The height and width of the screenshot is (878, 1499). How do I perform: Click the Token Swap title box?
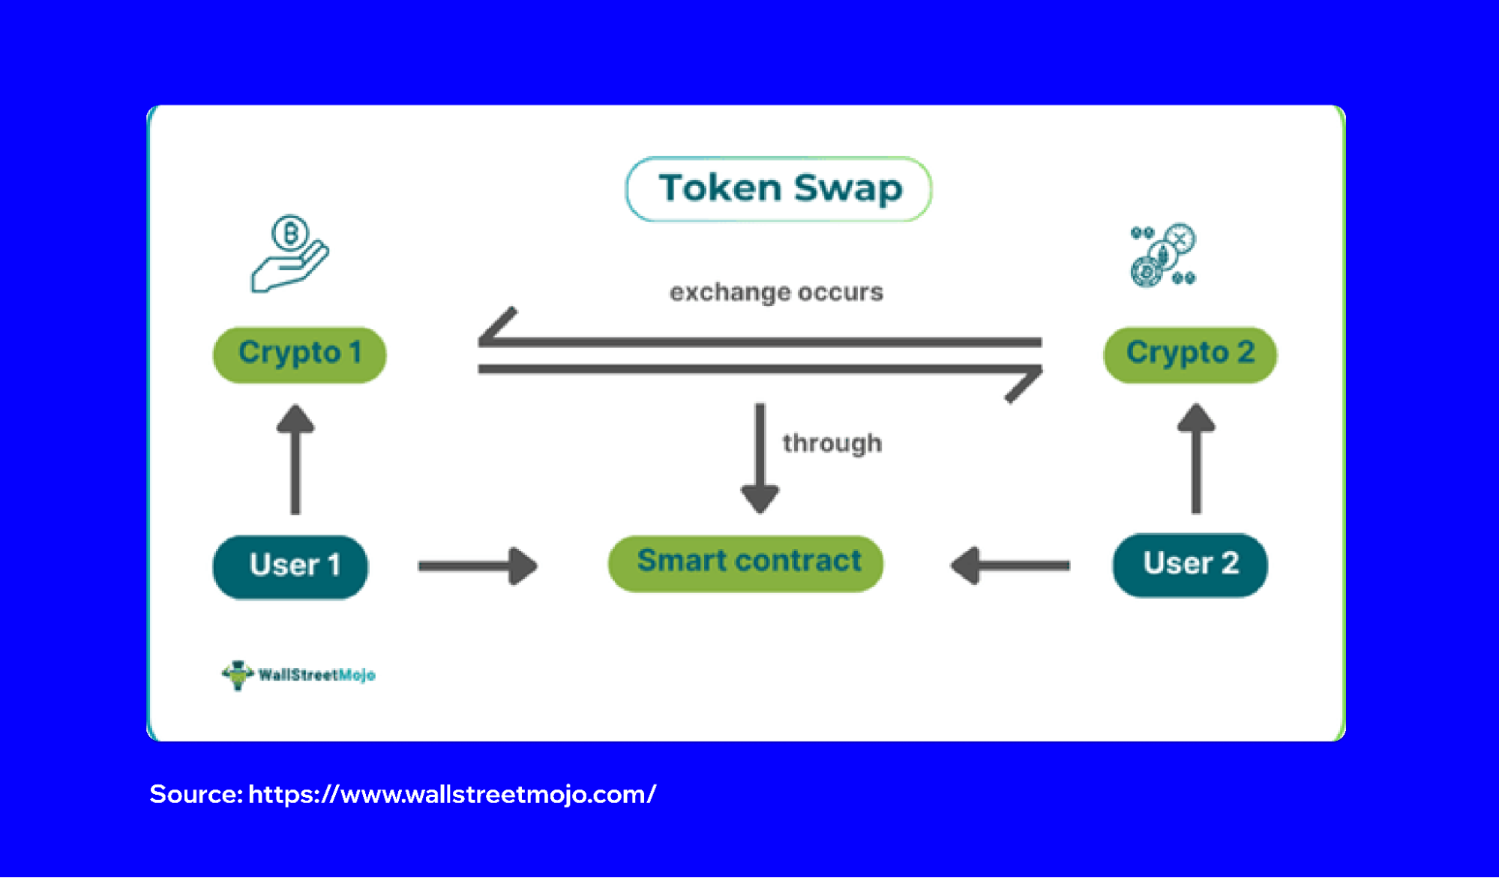point(778,189)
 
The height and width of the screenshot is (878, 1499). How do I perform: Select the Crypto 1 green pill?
point(300,354)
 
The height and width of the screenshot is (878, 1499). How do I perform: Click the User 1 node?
point(291,566)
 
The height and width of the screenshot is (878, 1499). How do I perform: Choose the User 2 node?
point(1189,565)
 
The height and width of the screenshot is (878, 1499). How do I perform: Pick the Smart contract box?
point(745,562)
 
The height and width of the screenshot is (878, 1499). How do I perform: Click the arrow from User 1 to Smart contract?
point(478,566)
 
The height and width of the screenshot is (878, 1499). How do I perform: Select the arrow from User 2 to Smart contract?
point(1009,565)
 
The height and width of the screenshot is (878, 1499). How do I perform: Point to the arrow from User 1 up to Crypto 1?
point(295,459)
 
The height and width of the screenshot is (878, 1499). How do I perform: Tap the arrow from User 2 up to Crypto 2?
point(1196,458)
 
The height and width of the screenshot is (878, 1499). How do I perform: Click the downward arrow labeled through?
point(760,458)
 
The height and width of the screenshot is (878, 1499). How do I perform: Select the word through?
point(832,443)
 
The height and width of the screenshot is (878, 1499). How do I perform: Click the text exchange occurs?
point(776,292)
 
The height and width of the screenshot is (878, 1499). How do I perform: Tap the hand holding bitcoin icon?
point(289,254)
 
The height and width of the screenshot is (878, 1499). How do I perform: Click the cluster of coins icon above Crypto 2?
point(1162,256)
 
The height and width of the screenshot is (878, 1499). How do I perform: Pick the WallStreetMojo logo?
point(298,675)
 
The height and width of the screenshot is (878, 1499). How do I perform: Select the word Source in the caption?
point(195,794)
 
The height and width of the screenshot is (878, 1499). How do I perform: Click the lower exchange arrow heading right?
point(760,370)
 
